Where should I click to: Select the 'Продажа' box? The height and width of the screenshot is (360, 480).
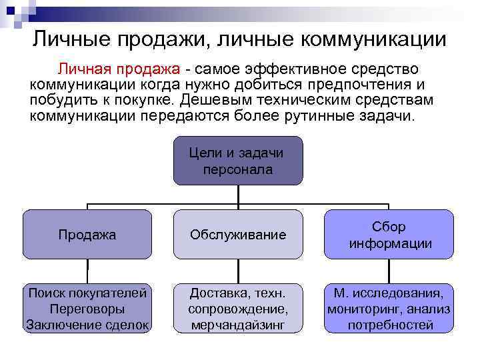tap(87, 235)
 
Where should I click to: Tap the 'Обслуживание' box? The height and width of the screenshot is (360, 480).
tap(237, 235)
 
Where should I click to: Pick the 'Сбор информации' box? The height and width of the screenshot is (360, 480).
tap(389, 235)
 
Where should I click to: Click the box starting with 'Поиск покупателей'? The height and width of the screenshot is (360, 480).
tap(87, 309)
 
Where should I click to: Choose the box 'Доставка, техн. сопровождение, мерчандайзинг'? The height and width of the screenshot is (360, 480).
tap(237, 309)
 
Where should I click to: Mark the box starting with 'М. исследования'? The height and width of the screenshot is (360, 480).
tap(389, 309)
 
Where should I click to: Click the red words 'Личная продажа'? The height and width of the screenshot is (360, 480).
tap(119, 70)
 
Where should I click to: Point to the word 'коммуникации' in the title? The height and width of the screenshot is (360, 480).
tap(374, 39)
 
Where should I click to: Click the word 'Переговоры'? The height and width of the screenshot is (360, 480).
tap(87, 309)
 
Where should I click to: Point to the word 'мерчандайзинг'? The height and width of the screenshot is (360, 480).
tap(237, 325)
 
